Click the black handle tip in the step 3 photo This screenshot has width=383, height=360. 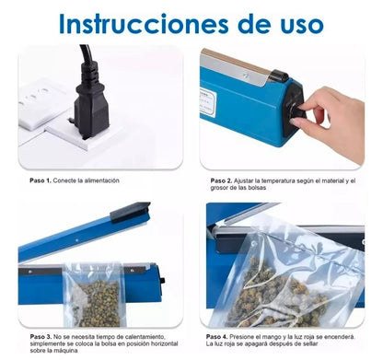128,214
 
